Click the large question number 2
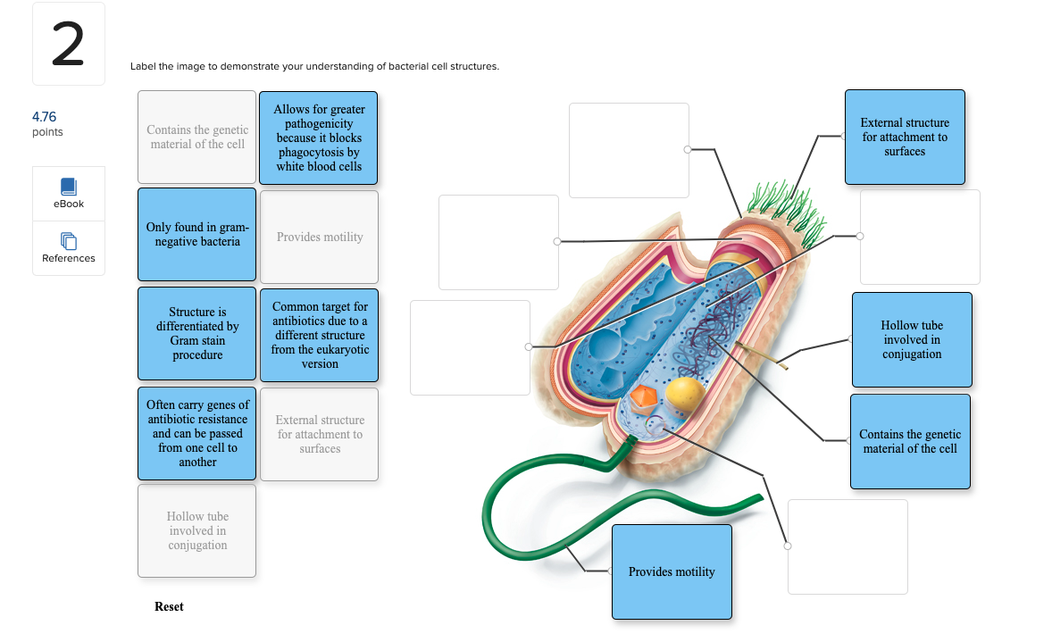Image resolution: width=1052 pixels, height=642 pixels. tap(68, 45)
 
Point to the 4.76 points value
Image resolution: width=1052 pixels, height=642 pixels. tap(44, 117)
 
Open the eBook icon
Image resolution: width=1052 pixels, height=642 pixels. tap(69, 188)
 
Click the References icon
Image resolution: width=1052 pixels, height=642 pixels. tap(69, 241)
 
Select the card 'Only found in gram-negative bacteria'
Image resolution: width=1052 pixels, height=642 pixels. tap(197, 234)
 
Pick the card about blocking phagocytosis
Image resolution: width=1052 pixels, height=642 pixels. tap(319, 138)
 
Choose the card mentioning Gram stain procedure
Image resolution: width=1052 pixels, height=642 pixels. tap(197, 333)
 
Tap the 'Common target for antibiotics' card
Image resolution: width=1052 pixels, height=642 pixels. tap(320, 335)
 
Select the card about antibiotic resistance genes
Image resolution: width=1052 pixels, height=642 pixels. tap(197, 433)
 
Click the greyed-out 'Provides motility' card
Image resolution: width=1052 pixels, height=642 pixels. tap(320, 237)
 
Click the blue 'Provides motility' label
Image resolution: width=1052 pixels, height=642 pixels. tap(672, 571)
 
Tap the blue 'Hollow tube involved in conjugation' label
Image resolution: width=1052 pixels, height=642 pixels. tap(912, 339)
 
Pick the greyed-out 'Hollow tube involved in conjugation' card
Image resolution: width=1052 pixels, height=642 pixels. tap(197, 530)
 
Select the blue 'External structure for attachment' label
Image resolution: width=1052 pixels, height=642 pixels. tap(905, 137)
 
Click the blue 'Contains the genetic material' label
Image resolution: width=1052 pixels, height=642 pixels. tap(910, 441)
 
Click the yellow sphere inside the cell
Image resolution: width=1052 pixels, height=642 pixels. tap(686, 396)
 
